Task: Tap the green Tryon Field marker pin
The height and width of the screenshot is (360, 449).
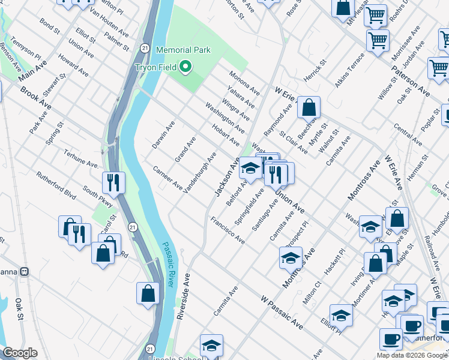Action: [186, 67]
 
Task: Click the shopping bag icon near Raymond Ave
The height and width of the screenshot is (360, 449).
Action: [309, 108]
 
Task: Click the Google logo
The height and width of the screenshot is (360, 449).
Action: [20, 353]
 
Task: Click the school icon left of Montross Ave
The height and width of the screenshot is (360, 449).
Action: [291, 258]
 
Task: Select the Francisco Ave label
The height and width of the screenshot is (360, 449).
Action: [228, 231]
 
